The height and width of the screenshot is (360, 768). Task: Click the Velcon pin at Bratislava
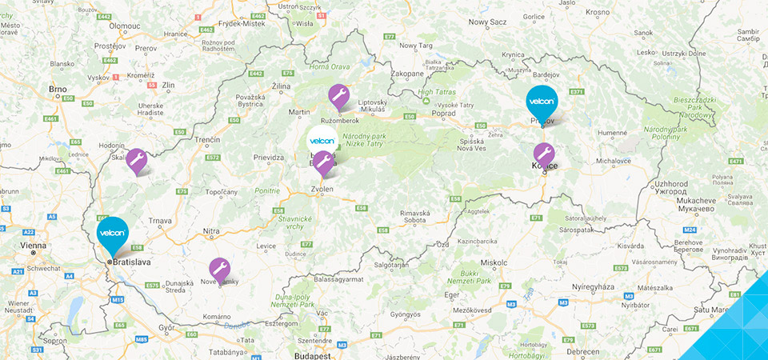click(112, 232)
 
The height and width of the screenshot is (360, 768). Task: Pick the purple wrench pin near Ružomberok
click(338, 96)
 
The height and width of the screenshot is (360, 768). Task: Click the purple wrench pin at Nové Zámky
click(219, 269)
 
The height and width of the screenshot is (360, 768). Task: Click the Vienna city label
click(34, 246)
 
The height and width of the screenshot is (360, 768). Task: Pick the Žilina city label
click(281, 84)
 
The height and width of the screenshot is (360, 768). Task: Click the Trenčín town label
click(206, 139)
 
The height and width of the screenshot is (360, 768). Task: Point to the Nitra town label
click(210, 231)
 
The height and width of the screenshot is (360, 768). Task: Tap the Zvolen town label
click(322, 190)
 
